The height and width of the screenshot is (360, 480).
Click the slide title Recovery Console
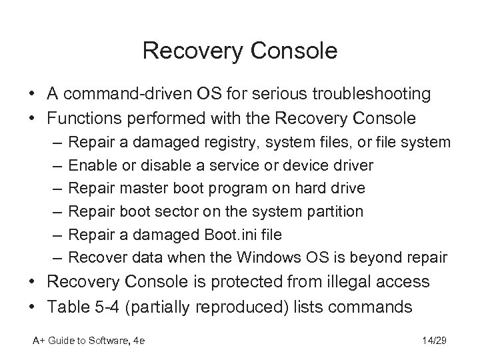tap(240, 51)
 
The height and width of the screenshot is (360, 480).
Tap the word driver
tap(352, 165)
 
